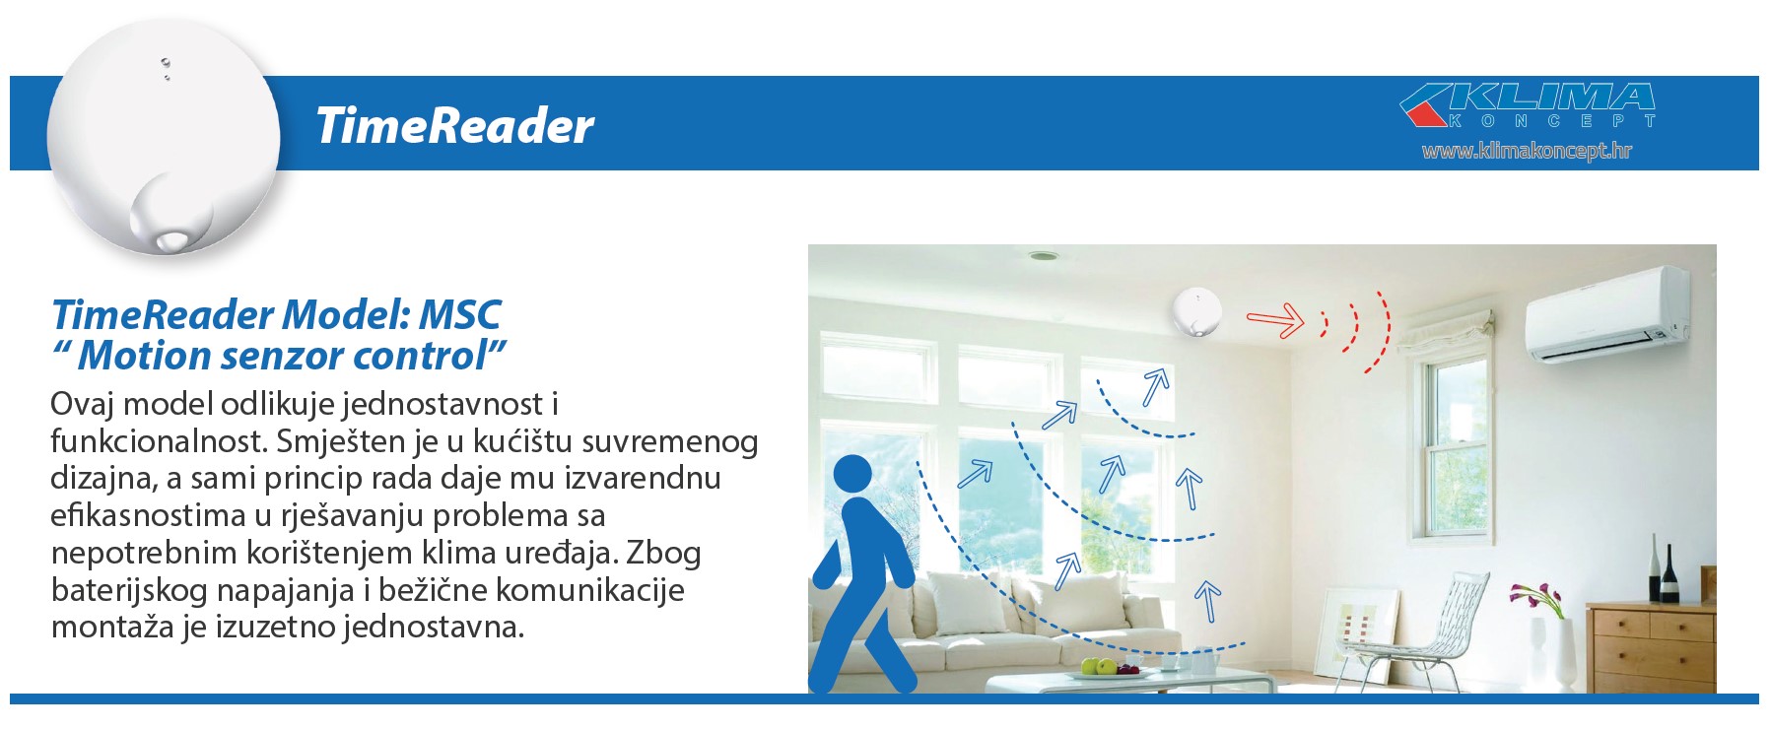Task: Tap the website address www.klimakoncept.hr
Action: point(1527,151)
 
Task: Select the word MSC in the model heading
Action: point(460,315)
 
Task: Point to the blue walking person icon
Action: point(862,574)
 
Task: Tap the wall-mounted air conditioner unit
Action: point(1606,315)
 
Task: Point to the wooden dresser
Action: point(1651,645)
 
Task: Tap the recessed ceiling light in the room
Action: point(1043,256)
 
